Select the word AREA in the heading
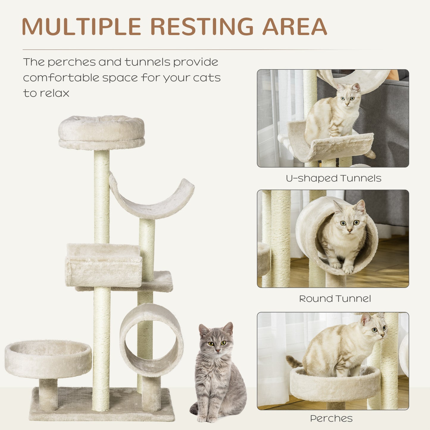pyautogui.click(x=294, y=27)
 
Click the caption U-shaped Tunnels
pyautogui.click(x=333, y=178)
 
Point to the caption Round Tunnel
pyautogui.click(x=335, y=298)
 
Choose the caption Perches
pyautogui.click(x=331, y=418)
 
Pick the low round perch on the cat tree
pyautogui.click(x=48, y=358)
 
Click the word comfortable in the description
pyautogui.click(x=61, y=78)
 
